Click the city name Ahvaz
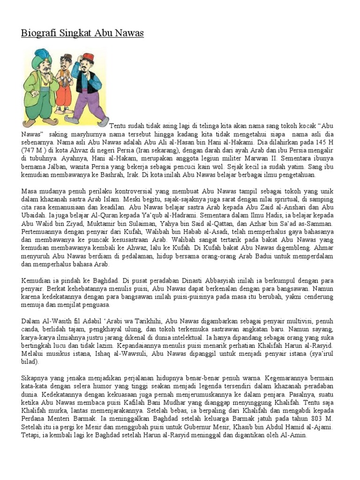82,150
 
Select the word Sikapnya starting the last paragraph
36,377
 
